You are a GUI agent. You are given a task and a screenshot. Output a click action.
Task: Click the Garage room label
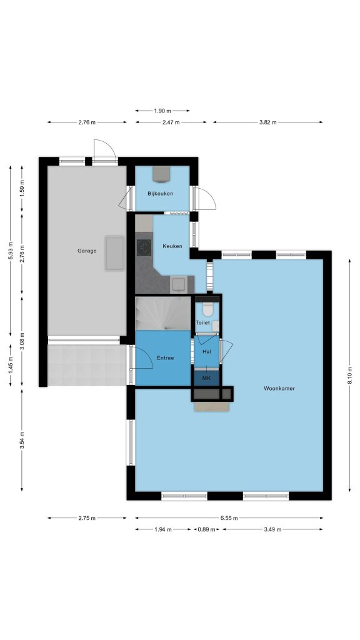87,251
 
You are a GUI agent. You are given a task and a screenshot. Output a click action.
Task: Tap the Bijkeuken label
161,194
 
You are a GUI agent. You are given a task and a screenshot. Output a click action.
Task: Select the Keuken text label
172,246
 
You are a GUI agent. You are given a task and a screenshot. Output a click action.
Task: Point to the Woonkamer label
279,389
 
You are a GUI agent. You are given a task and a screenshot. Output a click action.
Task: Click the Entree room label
165,358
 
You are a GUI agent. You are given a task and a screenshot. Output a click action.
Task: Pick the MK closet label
206,378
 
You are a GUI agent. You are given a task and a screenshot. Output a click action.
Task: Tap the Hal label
206,351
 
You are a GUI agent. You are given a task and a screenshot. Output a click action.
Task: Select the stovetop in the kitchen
144,246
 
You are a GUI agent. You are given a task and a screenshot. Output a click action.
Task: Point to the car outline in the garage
115,253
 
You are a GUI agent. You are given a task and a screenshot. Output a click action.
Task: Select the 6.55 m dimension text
229,518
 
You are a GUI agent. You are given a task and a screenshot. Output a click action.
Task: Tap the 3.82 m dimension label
267,122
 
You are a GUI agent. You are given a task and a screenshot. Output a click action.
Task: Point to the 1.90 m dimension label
162,111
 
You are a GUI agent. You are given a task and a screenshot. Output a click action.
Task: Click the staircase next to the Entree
163,314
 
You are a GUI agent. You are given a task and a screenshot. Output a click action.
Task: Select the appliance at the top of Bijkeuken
161,173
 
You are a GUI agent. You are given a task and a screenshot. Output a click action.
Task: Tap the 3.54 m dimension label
22,441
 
